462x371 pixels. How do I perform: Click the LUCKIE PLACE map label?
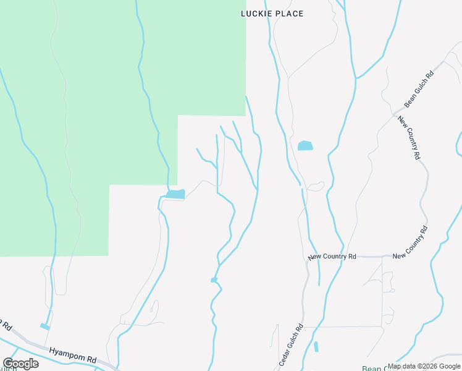(x=272, y=14)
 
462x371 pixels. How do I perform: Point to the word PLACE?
(x=288, y=14)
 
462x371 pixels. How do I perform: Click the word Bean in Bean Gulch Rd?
(x=409, y=98)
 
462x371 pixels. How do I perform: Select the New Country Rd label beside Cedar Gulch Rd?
(x=332, y=256)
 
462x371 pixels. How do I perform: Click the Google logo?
(x=20, y=364)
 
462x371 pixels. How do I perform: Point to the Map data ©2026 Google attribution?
(x=424, y=366)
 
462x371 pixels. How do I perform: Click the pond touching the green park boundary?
(x=175, y=194)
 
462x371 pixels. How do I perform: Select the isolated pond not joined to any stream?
(x=305, y=146)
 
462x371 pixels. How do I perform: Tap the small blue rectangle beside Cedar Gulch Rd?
(x=316, y=347)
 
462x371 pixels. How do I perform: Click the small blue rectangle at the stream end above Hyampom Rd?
(x=44, y=326)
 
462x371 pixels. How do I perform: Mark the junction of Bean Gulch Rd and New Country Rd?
(x=395, y=115)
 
